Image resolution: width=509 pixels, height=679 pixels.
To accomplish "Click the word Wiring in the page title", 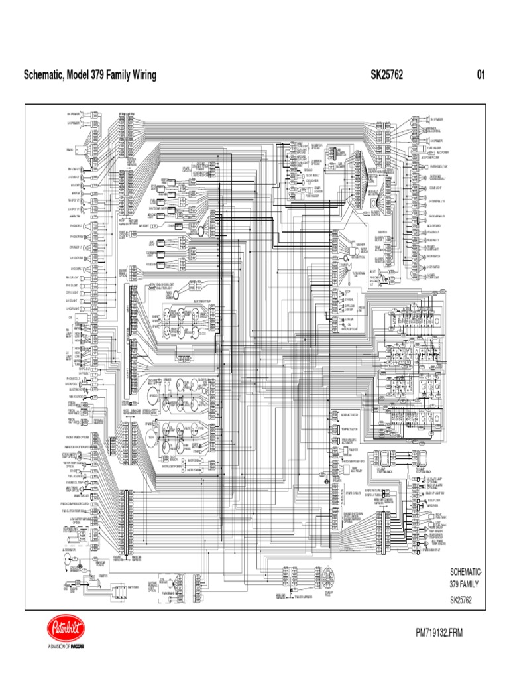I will (x=141, y=75).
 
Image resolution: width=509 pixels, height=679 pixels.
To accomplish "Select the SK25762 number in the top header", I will (x=387, y=75).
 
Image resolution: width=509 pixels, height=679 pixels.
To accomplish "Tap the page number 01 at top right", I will (x=481, y=75).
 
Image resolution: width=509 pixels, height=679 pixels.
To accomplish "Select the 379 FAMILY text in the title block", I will (x=464, y=585).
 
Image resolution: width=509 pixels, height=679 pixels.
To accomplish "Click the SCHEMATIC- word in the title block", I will (x=466, y=572).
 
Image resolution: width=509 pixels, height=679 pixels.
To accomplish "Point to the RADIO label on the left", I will (x=70, y=150).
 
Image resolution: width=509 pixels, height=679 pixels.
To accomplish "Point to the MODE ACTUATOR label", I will (x=349, y=414).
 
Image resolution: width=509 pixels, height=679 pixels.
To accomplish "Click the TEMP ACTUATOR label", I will (x=349, y=429).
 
